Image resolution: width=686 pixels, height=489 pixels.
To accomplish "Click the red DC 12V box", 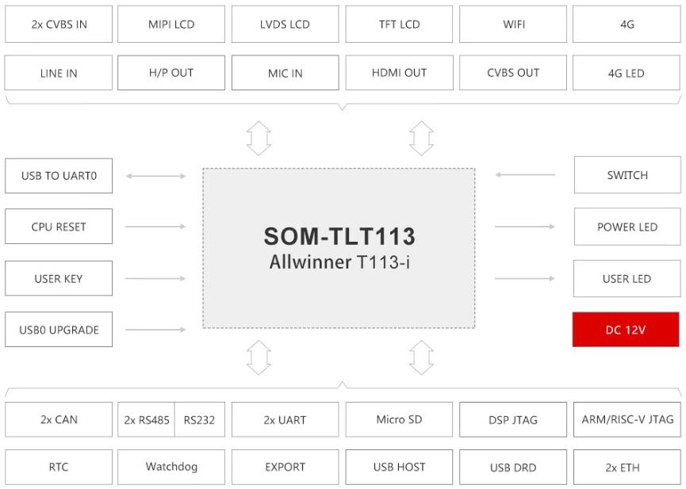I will pyautogui.click(x=626, y=330).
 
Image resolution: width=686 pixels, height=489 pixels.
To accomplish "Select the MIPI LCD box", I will pyautogui.click(x=171, y=25).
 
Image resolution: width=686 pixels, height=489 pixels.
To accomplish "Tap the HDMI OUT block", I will pyautogui.click(x=399, y=73).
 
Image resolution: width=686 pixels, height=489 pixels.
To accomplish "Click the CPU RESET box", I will pyautogui.click(x=59, y=227).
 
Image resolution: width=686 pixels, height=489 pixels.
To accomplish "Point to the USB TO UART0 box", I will pyautogui.click(x=59, y=176).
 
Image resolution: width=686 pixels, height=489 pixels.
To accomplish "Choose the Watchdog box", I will pyautogui.click(x=171, y=467).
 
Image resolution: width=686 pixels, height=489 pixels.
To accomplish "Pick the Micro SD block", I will pyautogui.click(x=399, y=419).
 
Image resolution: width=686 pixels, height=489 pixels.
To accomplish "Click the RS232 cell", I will pyautogui.click(x=199, y=420).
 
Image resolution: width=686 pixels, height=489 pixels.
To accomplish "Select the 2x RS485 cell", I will pyautogui.click(x=146, y=420).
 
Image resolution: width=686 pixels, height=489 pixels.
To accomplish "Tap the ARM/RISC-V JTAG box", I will pyautogui.click(x=627, y=419).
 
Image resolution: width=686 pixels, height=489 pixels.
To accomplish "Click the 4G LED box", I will pyautogui.click(x=627, y=73).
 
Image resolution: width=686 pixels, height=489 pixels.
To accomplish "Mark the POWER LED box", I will pyautogui.click(x=627, y=227).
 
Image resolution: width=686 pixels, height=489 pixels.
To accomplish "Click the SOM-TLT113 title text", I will pyautogui.click(x=339, y=237).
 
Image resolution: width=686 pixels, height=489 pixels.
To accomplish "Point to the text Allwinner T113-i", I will pyautogui.click(x=339, y=262).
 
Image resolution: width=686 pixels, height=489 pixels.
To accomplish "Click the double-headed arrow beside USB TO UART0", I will pyautogui.click(x=155, y=176).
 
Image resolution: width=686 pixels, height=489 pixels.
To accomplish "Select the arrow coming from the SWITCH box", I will pyautogui.click(x=524, y=175).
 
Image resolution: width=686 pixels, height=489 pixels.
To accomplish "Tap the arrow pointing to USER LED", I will pyautogui.click(x=524, y=278).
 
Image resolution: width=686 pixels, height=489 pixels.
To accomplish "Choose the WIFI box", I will pyautogui.click(x=513, y=25).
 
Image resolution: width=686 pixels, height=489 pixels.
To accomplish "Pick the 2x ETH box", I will pyautogui.click(x=627, y=467).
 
